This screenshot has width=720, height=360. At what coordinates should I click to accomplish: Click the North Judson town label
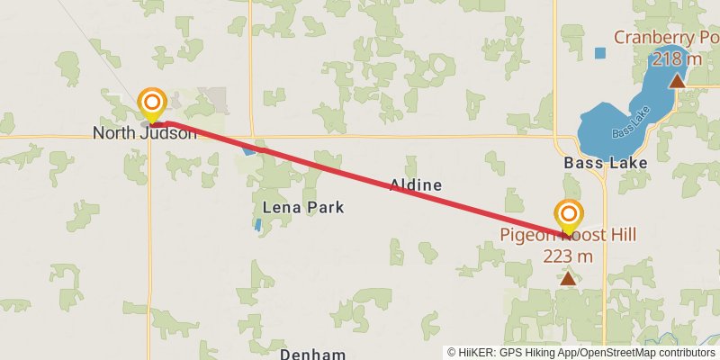coord(144,134)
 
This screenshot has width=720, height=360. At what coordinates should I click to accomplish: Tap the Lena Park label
coord(302,207)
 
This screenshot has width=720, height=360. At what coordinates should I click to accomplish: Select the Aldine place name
coord(415,185)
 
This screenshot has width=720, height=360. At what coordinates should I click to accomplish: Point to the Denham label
coord(312,354)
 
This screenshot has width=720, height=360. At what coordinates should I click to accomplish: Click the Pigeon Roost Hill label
coord(568,236)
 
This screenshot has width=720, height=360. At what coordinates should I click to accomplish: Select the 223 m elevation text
coord(568,256)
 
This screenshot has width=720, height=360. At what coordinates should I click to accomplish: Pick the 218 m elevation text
coord(677,59)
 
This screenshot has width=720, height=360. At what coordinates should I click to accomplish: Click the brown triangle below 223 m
coord(568,279)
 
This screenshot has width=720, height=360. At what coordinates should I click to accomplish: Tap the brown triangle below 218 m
coord(677,81)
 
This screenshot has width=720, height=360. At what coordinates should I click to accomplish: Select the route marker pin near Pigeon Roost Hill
coord(569,215)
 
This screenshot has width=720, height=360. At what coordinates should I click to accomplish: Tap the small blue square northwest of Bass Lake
coord(600,53)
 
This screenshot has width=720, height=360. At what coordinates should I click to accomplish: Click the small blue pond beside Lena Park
coord(258,225)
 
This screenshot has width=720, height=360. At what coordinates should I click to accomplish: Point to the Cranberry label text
coord(659,38)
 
